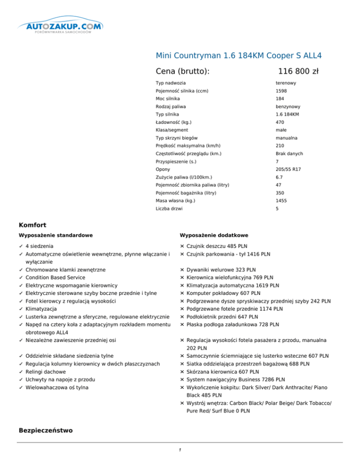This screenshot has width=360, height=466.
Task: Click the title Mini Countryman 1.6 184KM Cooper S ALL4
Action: pyautogui.click(x=238, y=55)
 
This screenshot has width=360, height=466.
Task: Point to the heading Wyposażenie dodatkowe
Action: pyautogui.click(x=214, y=235)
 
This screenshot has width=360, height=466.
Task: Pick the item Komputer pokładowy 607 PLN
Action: pyautogui.click(x=220, y=293)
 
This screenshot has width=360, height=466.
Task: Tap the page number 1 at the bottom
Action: pyautogui.click(x=180, y=451)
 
